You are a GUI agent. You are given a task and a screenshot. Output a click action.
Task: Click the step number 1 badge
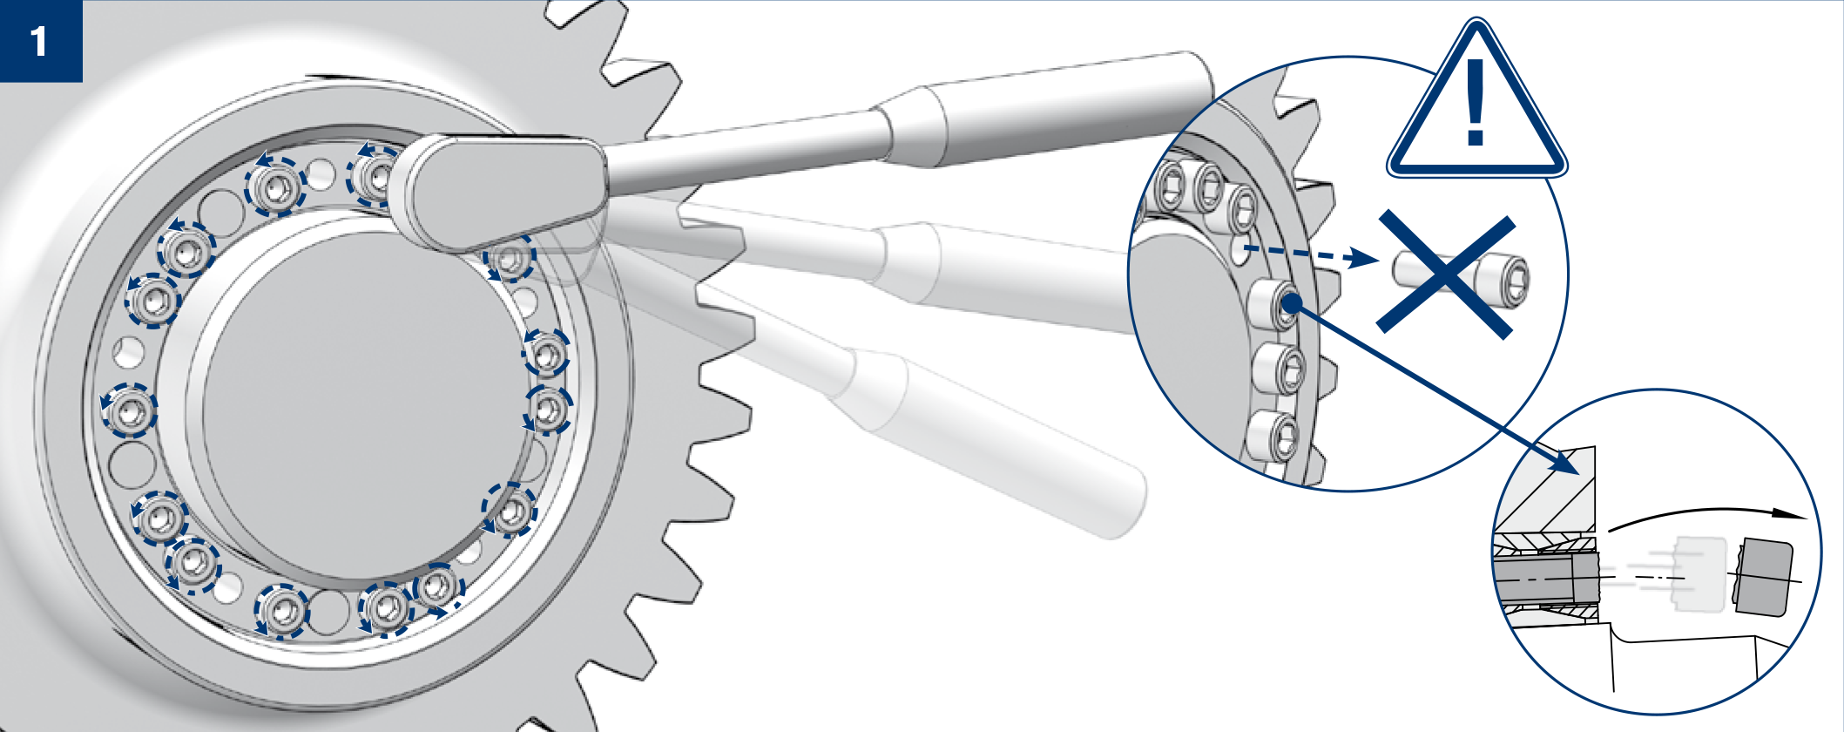41,41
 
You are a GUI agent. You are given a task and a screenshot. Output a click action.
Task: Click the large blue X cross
1446,274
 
